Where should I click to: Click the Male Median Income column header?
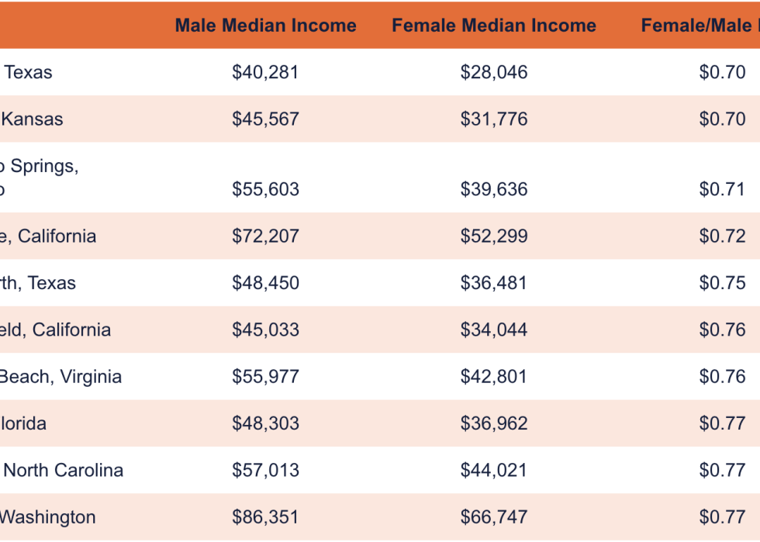[x=265, y=26]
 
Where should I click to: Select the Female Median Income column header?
[x=494, y=26]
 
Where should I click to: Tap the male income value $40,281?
[x=265, y=73]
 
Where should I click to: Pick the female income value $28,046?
[x=494, y=73]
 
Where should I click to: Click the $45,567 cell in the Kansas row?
[x=265, y=119]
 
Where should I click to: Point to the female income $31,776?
[x=494, y=119]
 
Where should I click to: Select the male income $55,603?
[x=265, y=190]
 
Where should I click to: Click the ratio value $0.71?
[x=722, y=190]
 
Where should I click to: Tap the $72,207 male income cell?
[x=265, y=236]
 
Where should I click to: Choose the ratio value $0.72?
[x=722, y=236]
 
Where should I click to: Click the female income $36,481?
[x=494, y=283]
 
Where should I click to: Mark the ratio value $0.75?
[x=722, y=283]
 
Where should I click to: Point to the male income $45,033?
[x=265, y=330]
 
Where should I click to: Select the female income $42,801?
[x=494, y=377]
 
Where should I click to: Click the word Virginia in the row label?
[x=92, y=377]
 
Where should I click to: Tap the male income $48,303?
[x=265, y=423]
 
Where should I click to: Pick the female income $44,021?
[x=494, y=471]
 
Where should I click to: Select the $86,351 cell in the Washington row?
[x=265, y=517]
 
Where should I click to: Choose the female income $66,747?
[x=494, y=517]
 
